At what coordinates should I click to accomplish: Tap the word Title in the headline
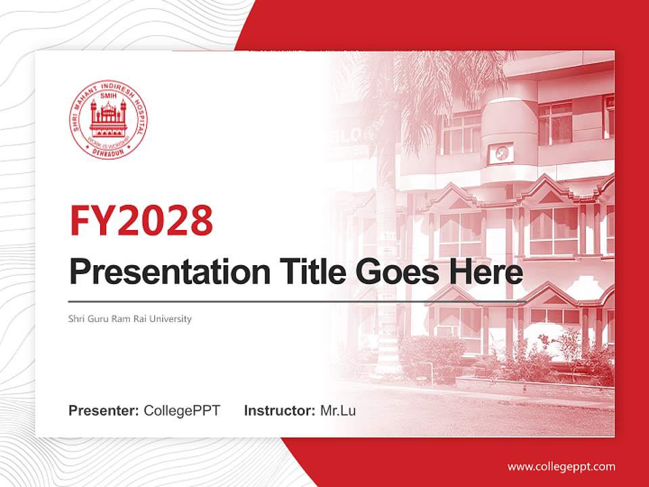[x=310, y=272]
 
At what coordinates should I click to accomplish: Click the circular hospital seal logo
[x=109, y=121]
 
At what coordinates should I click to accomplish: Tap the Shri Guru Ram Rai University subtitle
[x=130, y=319]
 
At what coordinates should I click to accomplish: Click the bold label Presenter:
[x=104, y=411]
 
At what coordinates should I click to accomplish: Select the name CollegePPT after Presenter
[x=182, y=411]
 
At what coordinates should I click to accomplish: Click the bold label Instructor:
[x=279, y=411]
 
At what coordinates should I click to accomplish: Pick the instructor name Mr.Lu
[x=337, y=411]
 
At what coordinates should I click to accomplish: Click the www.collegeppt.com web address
[x=561, y=467]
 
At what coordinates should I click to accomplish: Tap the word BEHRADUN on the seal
[x=109, y=150]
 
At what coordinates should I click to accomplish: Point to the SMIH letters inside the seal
[x=109, y=98]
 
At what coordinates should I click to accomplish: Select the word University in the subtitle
[x=172, y=319]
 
